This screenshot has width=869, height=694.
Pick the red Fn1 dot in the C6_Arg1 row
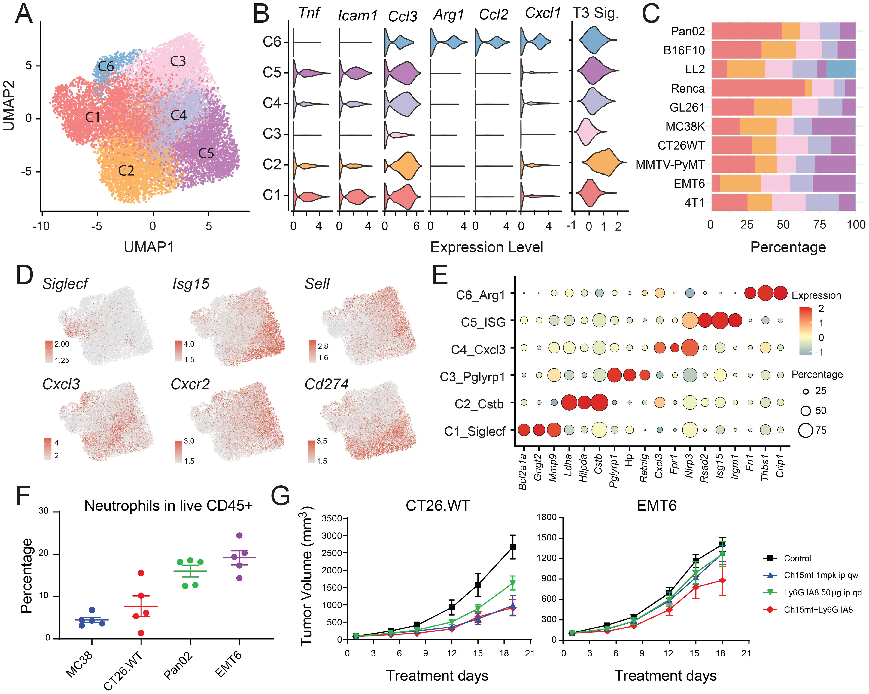(x=750, y=293)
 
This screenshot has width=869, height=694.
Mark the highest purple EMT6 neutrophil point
(x=239, y=536)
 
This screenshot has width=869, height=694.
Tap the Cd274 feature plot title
(x=327, y=384)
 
